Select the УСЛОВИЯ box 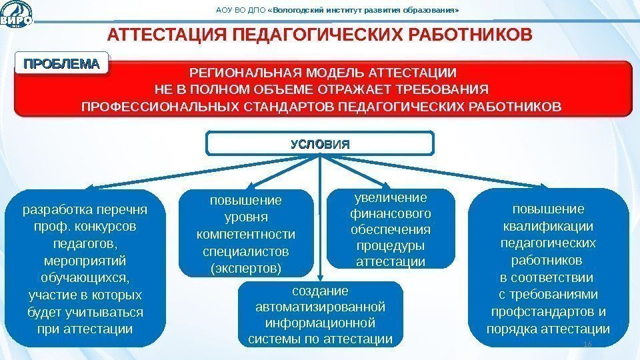[320, 143]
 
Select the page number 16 [587, 343]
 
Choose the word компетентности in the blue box [246, 235]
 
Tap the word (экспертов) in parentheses [246, 269]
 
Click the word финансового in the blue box [391, 214]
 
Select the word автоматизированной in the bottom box [321, 307]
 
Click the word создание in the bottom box [321, 291]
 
